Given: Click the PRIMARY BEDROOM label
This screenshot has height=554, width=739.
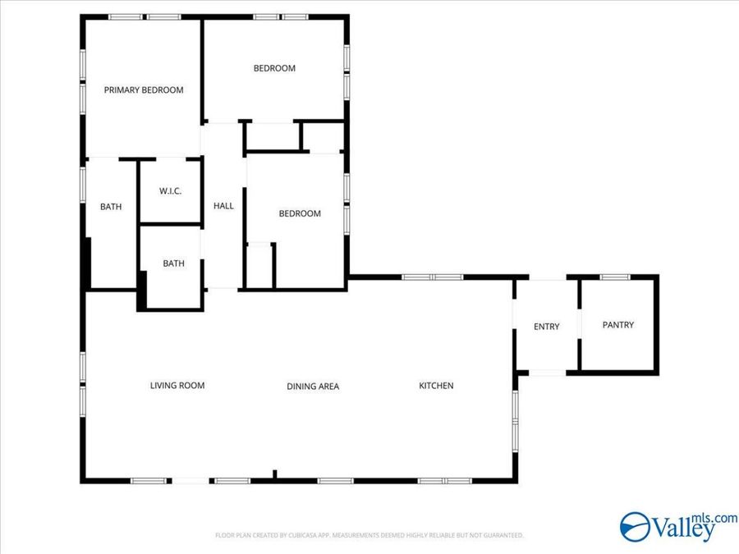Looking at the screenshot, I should [144, 90].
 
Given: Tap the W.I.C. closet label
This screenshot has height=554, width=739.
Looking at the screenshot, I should [171, 191].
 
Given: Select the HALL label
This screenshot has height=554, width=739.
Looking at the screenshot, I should [223, 206].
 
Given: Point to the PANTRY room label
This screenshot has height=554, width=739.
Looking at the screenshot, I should [618, 325].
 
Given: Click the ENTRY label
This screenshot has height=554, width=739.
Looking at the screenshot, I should [547, 327].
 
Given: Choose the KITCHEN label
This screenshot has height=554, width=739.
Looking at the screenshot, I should [436, 386].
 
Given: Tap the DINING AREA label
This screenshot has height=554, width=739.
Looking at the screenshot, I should [313, 387].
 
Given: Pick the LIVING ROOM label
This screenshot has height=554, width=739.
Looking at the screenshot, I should [177, 385].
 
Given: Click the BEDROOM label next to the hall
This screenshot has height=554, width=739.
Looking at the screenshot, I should [300, 213].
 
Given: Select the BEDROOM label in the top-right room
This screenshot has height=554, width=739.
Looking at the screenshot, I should [274, 68].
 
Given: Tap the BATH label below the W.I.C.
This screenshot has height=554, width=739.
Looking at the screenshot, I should [173, 263].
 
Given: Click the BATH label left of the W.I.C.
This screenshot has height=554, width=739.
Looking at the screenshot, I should [111, 207].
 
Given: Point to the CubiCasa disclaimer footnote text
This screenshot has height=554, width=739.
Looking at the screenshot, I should [369, 535].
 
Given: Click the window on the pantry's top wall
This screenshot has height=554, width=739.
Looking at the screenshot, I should [614, 277].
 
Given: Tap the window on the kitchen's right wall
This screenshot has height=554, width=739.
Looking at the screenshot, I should [515, 419].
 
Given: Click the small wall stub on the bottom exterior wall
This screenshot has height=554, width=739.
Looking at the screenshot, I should [274, 474].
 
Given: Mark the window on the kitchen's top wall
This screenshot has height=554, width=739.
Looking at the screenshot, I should [433, 277].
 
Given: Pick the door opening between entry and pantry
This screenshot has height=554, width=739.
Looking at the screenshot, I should [579, 325].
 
